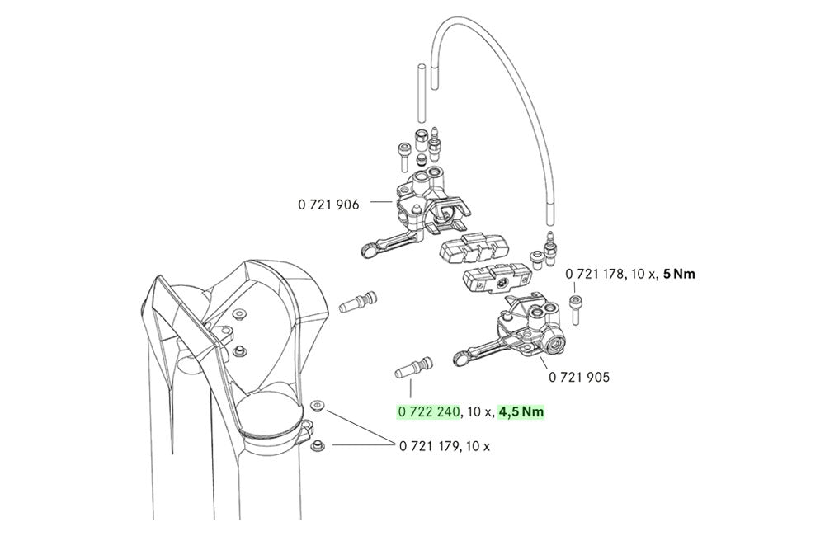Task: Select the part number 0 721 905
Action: [x=579, y=377]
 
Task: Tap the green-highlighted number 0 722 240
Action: [x=428, y=411]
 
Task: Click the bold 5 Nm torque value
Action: [x=679, y=274]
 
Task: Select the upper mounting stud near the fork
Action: [x=358, y=301]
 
